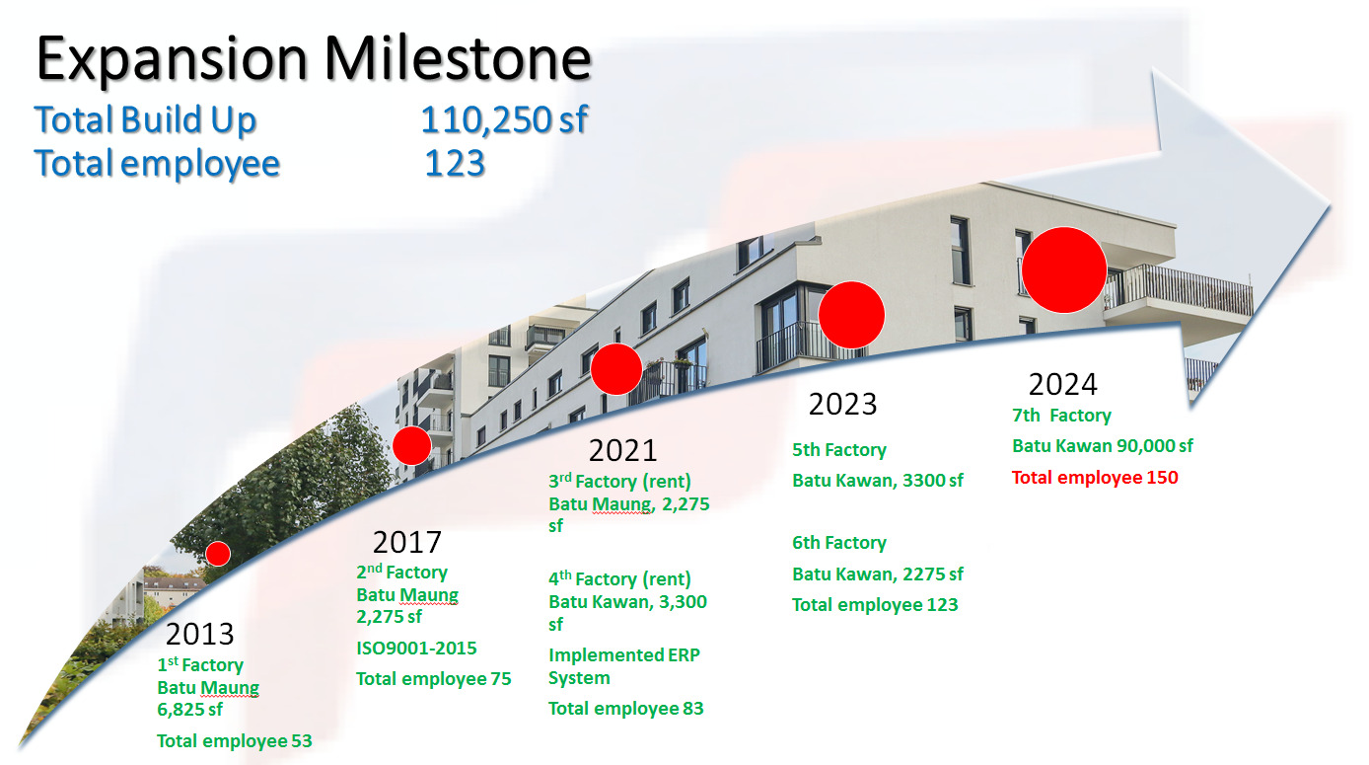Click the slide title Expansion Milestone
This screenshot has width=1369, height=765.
(x=314, y=59)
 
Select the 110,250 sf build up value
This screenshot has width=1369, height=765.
(x=504, y=119)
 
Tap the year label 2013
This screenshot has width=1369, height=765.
(x=200, y=634)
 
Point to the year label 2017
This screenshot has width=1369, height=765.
(x=407, y=543)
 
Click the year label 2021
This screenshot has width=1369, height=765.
(x=622, y=451)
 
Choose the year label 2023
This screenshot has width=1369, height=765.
(x=842, y=405)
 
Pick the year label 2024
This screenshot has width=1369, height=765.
(x=1063, y=385)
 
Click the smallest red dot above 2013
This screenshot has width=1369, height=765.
(x=218, y=554)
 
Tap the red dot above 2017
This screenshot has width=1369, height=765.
(x=412, y=446)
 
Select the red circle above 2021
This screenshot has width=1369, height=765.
(x=616, y=369)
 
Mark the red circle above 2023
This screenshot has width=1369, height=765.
(x=851, y=315)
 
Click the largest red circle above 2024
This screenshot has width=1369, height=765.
(x=1064, y=269)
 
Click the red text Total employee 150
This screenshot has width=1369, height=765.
(x=1095, y=478)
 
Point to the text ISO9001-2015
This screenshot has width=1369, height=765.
(x=416, y=649)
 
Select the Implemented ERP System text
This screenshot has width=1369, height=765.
(x=624, y=666)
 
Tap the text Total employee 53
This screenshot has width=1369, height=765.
(x=234, y=741)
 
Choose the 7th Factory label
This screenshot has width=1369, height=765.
(x=1061, y=416)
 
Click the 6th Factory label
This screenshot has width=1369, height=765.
(x=839, y=543)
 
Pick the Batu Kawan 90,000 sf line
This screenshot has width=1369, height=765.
(x=1103, y=446)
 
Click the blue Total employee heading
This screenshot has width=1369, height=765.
(x=157, y=164)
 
